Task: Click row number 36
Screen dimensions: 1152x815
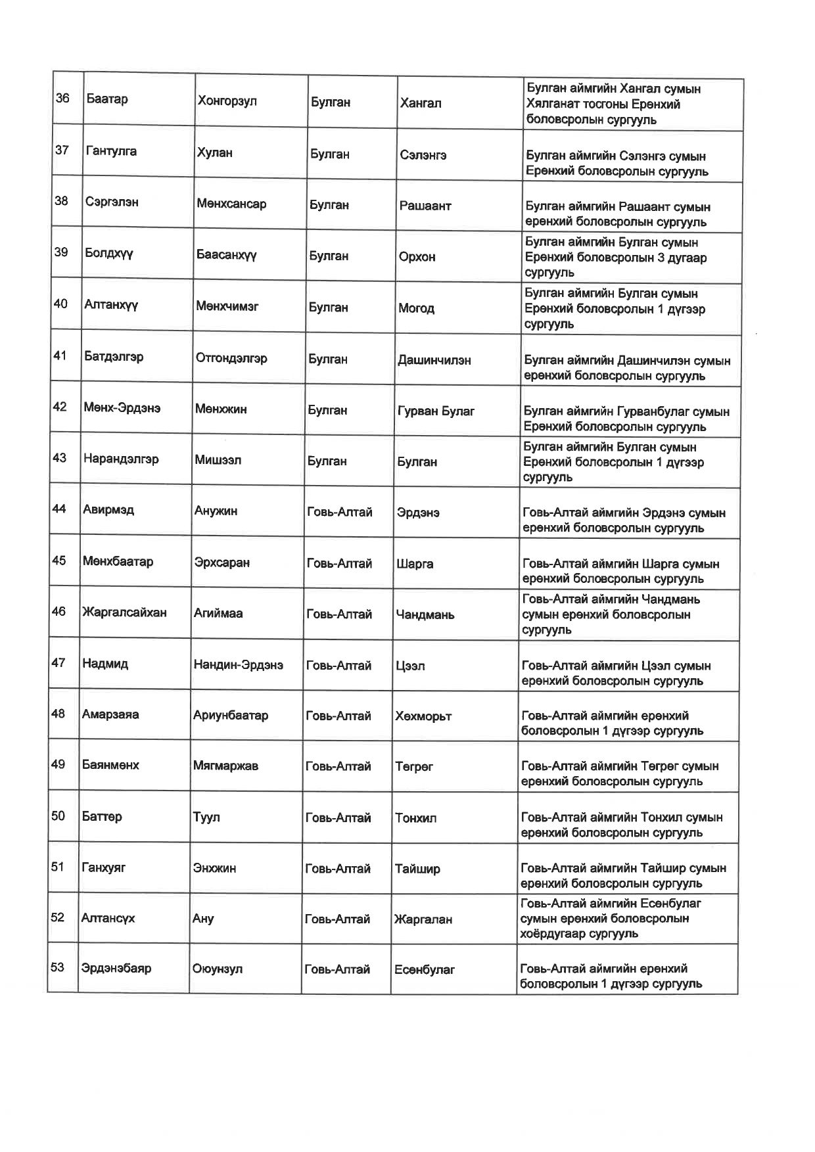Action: (x=62, y=99)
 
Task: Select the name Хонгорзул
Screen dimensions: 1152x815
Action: (x=227, y=101)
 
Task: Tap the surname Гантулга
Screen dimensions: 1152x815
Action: (x=111, y=151)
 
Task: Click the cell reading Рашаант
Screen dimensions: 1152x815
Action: (x=425, y=206)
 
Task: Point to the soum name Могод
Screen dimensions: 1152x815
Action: (x=416, y=308)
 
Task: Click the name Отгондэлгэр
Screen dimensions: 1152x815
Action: (x=231, y=358)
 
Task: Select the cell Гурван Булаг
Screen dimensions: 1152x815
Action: (x=436, y=411)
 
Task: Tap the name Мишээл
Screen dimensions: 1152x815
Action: (x=218, y=460)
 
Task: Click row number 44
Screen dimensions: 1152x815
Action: (x=59, y=509)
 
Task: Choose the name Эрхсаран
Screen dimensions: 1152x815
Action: (x=221, y=563)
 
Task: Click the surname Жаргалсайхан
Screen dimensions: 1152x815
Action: (x=124, y=612)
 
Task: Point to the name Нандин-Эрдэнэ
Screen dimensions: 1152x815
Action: (x=238, y=665)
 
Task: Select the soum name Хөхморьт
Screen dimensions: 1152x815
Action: (x=423, y=716)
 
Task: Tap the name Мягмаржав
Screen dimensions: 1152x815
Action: (x=225, y=766)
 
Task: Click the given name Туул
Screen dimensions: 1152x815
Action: (x=206, y=818)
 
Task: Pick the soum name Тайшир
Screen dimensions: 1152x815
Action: (x=417, y=869)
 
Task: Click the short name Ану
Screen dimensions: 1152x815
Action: (x=203, y=919)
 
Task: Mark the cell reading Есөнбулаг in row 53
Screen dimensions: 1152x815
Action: (x=425, y=969)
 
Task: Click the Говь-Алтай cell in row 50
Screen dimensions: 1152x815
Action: (x=338, y=818)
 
